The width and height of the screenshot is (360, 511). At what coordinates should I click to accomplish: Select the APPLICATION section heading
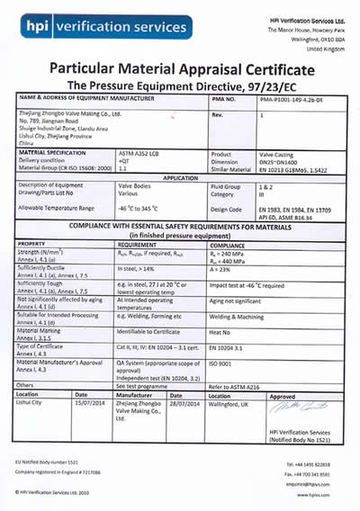click(x=180, y=178)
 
